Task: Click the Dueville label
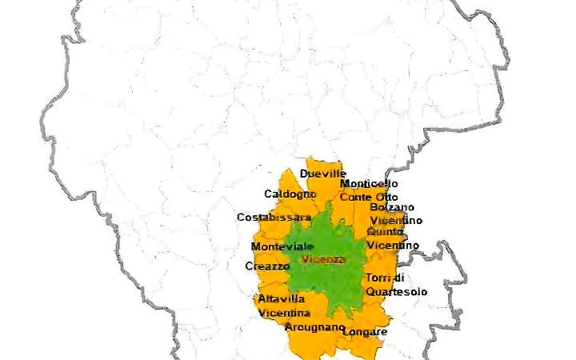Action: click(x=322, y=174)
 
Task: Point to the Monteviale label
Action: click(x=277, y=246)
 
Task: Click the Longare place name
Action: click(x=368, y=331)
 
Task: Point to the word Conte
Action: click(x=355, y=197)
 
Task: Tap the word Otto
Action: click(x=386, y=197)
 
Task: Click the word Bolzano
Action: click(x=392, y=208)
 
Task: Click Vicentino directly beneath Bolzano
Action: click(x=396, y=221)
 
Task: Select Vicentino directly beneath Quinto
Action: click(x=393, y=245)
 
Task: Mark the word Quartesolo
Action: click(x=396, y=292)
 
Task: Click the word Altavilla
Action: click(x=277, y=299)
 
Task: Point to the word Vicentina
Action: click(x=284, y=313)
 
